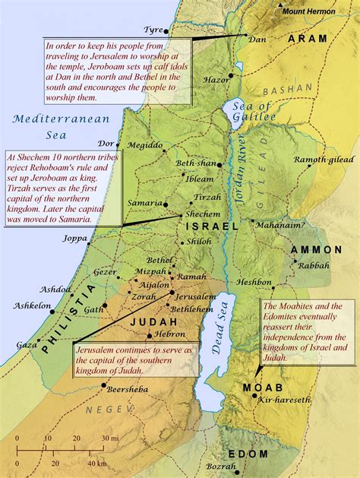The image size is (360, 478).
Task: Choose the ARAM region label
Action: (x=307, y=38)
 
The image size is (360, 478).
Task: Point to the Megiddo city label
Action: (x=145, y=145)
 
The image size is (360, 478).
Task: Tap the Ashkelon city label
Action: (x=32, y=305)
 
